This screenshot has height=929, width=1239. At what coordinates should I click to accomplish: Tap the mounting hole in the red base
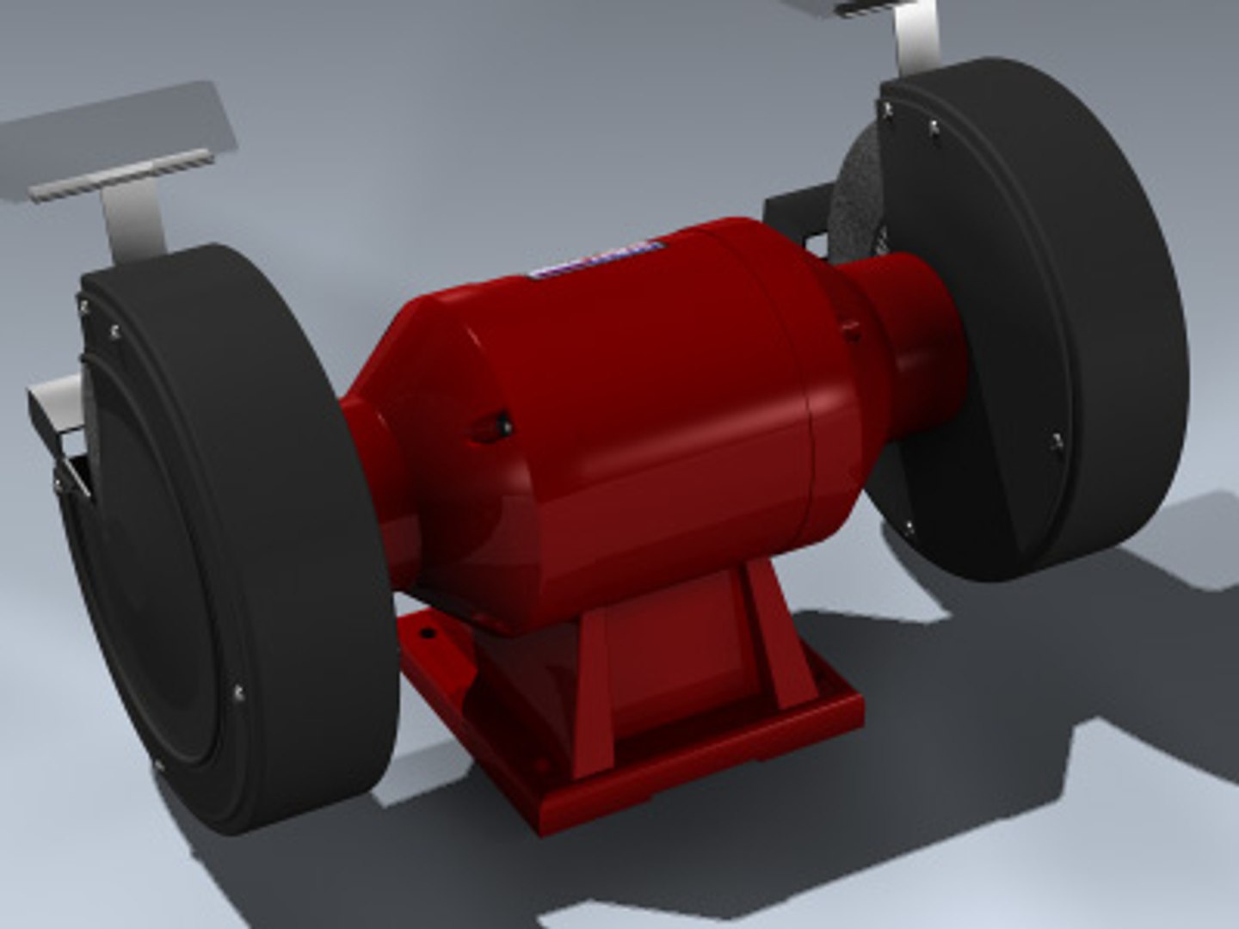[425, 635]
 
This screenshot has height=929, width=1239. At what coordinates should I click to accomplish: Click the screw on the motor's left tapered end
[503, 424]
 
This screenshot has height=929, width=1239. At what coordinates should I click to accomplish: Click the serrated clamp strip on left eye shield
[120, 175]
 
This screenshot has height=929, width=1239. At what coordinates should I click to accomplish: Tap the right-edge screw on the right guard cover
[1056, 441]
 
